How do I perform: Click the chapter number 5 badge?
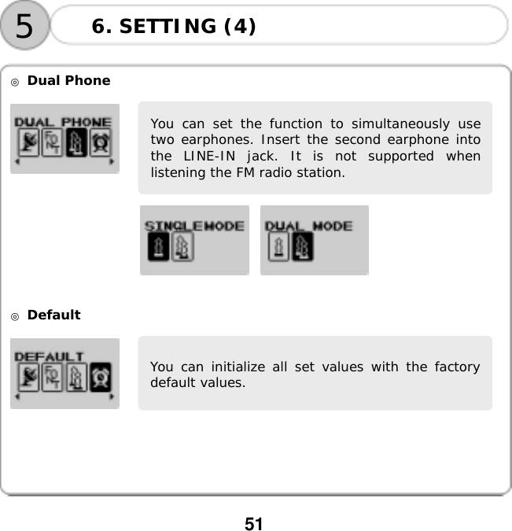(24, 27)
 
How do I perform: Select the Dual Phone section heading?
(68, 80)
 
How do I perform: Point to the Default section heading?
(53, 315)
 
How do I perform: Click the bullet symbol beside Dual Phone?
(15, 81)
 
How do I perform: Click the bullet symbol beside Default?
(15, 315)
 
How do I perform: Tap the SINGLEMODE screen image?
(194, 240)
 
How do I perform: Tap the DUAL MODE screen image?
(314, 240)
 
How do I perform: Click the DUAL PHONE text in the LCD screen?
(64, 122)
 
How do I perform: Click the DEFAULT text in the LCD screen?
(50, 356)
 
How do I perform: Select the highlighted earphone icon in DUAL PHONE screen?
(76, 143)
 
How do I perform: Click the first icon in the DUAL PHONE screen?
(28, 143)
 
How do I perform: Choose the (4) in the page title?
(240, 27)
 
